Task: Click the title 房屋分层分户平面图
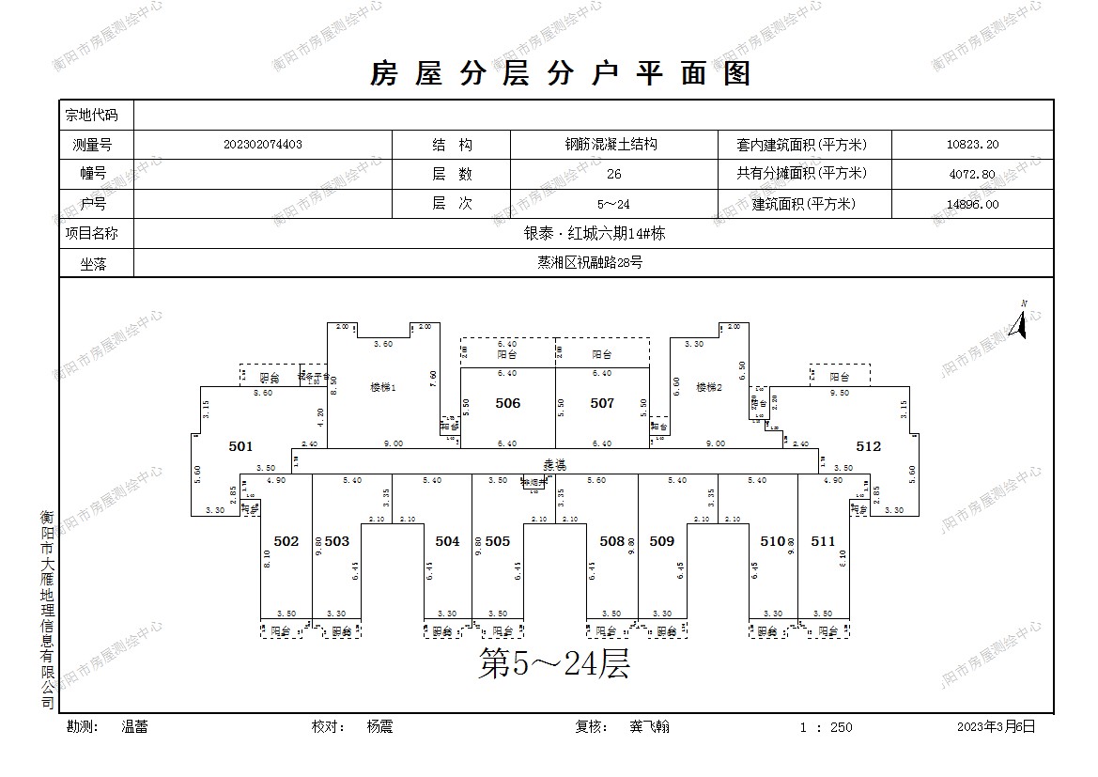coord(561,73)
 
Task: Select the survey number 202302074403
coord(263,145)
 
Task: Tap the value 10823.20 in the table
coord(972,145)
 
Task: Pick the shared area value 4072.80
coord(972,174)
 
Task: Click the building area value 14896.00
coord(972,204)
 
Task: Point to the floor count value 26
coord(613,174)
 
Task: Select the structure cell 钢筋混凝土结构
coord(611,145)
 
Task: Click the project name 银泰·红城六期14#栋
coord(594,233)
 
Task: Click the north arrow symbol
coord(1018,320)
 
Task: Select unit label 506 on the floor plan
coord(507,403)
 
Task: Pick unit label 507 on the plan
coord(602,403)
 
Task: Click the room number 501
coord(241,446)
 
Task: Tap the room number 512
coord(869,446)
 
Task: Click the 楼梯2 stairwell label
coord(708,387)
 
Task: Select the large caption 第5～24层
coord(553,664)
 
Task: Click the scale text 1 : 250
coord(826,727)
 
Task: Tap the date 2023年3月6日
coord(996,726)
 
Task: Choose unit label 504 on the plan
coord(448,541)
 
